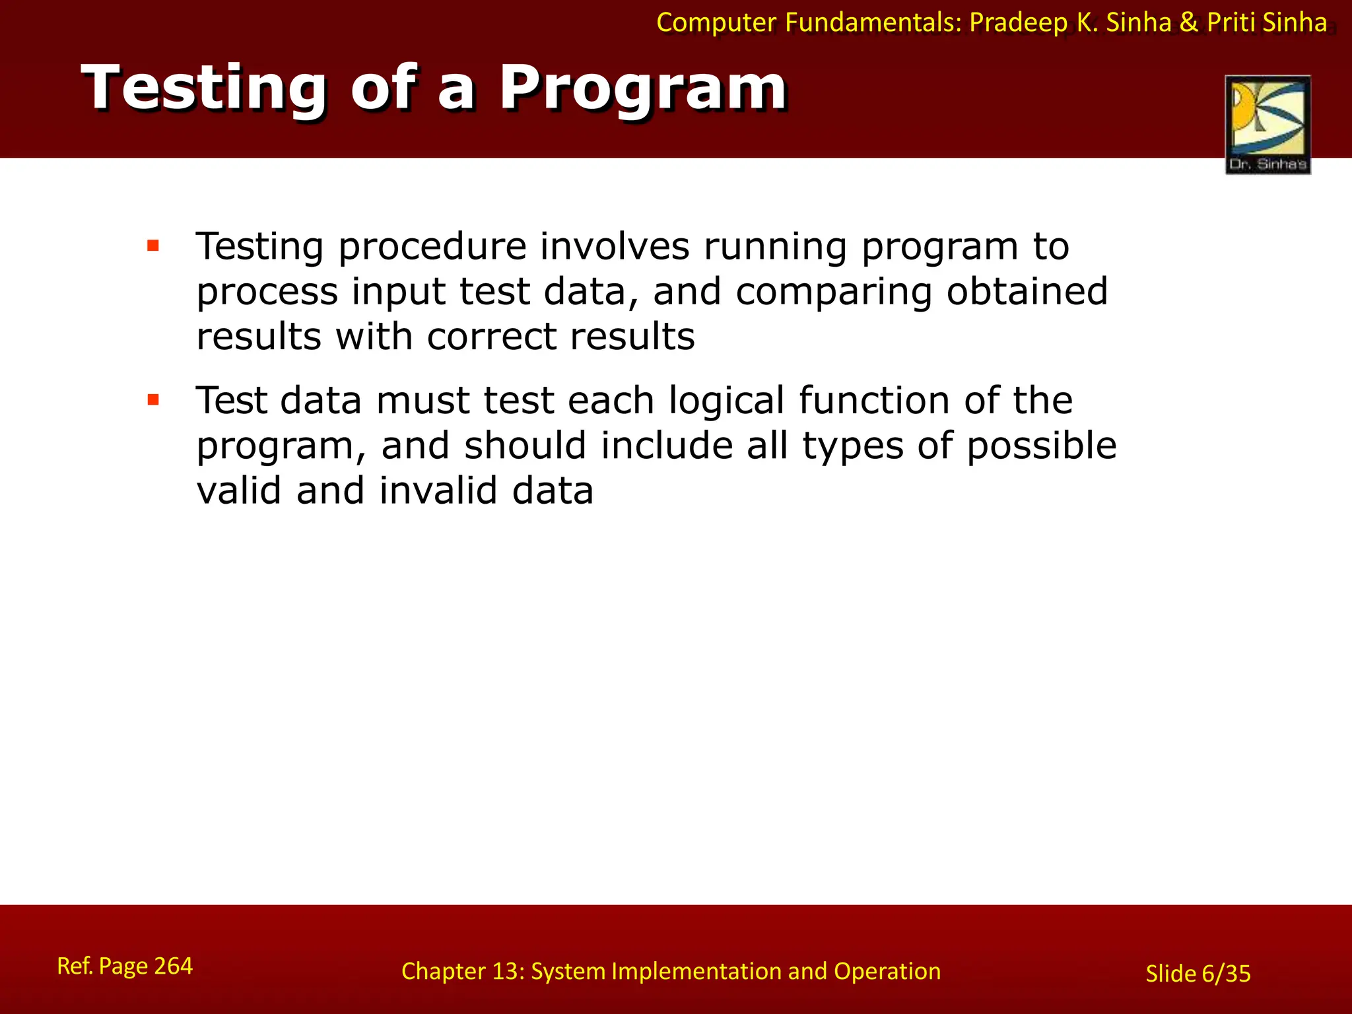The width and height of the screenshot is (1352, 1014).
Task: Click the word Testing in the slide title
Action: click(x=204, y=88)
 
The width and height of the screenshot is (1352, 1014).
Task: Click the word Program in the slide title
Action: click(x=642, y=88)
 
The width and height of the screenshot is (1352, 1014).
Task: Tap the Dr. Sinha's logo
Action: click(x=1267, y=124)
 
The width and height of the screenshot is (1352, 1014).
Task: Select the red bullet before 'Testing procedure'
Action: click(x=153, y=246)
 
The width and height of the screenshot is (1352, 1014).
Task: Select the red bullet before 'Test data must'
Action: click(x=153, y=399)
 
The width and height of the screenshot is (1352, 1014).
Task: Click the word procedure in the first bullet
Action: click(x=432, y=248)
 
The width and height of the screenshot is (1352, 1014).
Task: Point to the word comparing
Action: click(x=834, y=292)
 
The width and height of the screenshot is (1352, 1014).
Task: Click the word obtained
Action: click(x=1027, y=291)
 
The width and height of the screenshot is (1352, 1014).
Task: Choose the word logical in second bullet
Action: click(x=726, y=401)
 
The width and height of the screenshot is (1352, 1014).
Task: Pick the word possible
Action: click(x=1041, y=446)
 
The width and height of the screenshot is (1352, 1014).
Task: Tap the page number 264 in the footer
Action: click(x=173, y=966)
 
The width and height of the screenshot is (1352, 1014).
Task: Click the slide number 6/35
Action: click(x=1226, y=974)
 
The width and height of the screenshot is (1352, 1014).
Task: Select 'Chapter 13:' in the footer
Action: click(x=463, y=971)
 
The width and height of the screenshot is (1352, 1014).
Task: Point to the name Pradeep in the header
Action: click(x=1018, y=23)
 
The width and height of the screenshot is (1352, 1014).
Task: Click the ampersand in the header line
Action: click(x=1188, y=23)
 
